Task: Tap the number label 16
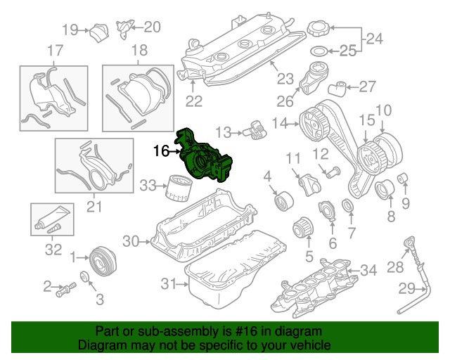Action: [160, 150]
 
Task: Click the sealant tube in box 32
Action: [53, 217]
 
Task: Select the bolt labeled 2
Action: [67, 288]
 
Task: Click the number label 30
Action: [131, 241]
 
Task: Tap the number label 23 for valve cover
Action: [285, 78]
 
